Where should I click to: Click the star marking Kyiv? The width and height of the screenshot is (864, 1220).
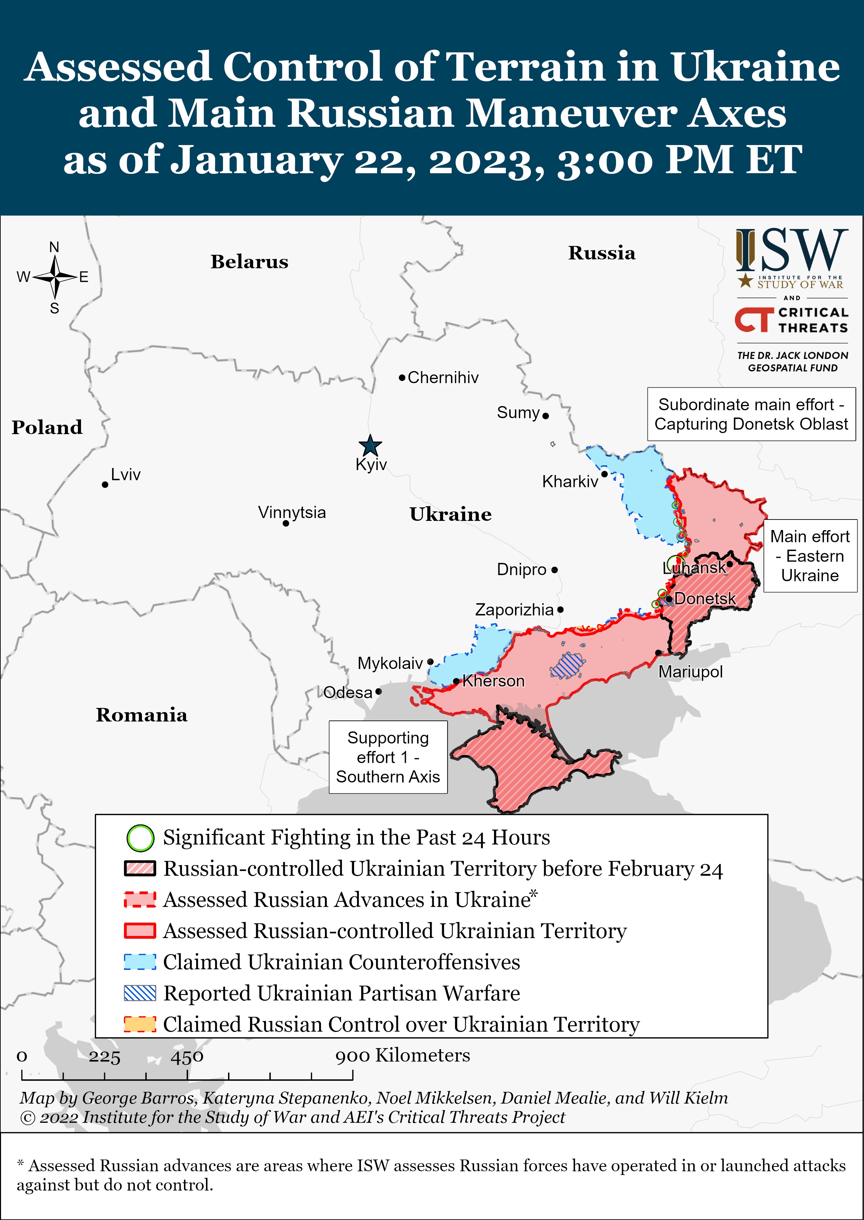(x=370, y=445)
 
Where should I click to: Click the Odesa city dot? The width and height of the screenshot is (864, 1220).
(x=378, y=692)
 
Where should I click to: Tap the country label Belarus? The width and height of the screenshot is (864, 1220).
(x=249, y=262)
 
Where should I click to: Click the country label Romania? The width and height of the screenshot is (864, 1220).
(x=142, y=715)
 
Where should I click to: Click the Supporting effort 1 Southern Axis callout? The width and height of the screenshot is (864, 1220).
(x=388, y=757)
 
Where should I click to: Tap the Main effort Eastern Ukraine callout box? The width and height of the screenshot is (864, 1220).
(x=810, y=556)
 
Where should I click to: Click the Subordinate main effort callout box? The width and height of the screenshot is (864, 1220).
(x=751, y=414)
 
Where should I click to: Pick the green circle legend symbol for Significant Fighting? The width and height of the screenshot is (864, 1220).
(x=140, y=838)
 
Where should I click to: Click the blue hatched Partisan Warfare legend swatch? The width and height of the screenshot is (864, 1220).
(x=140, y=993)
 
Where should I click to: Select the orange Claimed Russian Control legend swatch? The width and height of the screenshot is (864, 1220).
(x=140, y=1024)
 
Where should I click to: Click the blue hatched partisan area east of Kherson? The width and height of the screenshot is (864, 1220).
(x=568, y=665)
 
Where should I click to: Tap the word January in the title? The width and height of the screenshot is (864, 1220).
(x=257, y=160)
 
